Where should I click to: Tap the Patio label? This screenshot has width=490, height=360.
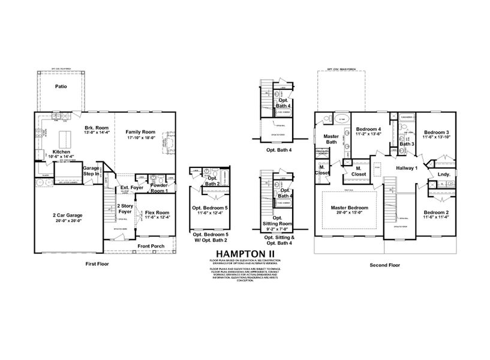click(x=61, y=87)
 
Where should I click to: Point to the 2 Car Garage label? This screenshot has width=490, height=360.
click(x=67, y=215)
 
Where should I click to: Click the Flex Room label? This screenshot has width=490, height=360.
click(x=158, y=212)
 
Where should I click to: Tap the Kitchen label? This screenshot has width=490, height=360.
click(x=62, y=152)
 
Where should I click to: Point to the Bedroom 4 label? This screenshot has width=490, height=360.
click(x=368, y=129)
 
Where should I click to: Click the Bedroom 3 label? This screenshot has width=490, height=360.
click(x=436, y=132)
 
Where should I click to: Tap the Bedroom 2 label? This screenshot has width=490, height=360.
click(x=436, y=213)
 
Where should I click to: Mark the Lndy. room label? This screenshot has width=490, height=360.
click(x=444, y=175)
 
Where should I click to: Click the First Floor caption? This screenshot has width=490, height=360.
click(x=98, y=264)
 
